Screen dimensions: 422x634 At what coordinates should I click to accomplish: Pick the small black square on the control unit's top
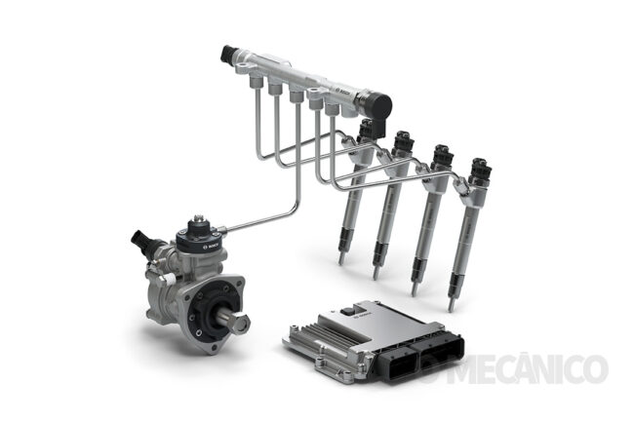[347, 310]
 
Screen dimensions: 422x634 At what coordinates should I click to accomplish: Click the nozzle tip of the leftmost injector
[340, 259]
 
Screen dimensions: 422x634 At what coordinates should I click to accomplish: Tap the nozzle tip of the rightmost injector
[451, 305]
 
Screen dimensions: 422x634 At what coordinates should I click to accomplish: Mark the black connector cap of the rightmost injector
[479, 168]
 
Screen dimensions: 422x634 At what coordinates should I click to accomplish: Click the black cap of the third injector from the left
[441, 155]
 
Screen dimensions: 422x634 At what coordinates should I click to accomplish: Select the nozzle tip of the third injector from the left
[414, 289]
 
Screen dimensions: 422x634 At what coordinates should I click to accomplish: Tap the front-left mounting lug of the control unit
[290, 344]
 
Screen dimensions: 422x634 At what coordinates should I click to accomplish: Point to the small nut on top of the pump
[198, 220]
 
